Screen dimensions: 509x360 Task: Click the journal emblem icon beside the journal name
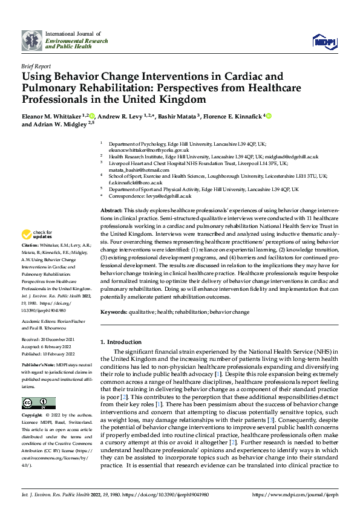coord(32,40)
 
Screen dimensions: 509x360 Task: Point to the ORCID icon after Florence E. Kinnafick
coord(268,115)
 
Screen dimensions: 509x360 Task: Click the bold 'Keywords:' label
coord(114,312)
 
